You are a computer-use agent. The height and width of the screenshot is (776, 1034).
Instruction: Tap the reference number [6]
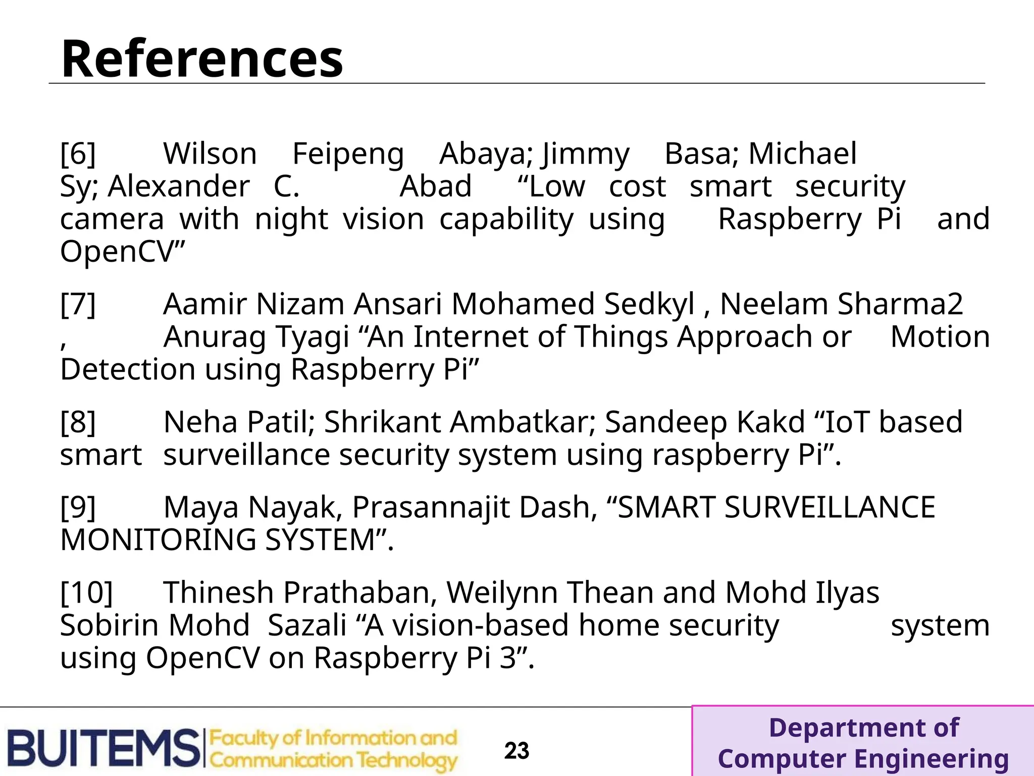[x=78, y=154]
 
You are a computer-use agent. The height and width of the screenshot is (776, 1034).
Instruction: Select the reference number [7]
[x=78, y=304]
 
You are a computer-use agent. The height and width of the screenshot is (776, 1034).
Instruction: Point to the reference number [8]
[x=78, y=422]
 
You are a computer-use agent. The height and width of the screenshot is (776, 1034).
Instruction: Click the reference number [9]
[x=78, y=507]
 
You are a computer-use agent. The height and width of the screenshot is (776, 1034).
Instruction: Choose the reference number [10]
[x=86, y=592]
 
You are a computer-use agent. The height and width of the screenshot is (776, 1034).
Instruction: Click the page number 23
[x=516, y=751]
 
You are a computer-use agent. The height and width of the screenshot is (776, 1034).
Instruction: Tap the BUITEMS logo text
[x=104, y=748]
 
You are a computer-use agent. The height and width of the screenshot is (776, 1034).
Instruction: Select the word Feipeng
[x=348, y=154]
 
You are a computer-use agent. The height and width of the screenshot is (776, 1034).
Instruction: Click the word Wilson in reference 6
[x=210, y=154]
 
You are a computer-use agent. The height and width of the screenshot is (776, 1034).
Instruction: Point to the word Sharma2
[x=900, y=304]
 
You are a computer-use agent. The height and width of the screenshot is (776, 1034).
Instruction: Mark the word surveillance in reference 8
[x=246, y=455]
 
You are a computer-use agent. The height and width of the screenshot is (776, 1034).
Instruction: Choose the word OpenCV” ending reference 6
[x=123, y=251]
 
